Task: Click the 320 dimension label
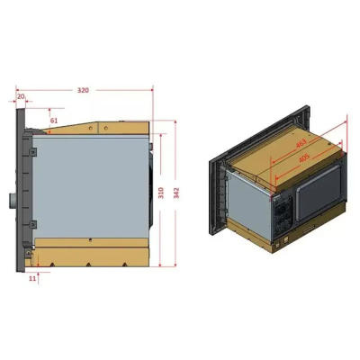pyautogui.click(x=83, y=91)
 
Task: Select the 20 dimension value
pyautogui.click(x=21, y=97)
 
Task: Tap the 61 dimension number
pyautogui.click(x=54, y=120)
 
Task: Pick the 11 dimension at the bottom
pyautogui.click(x=33, y=279)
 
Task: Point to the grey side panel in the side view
pyautogui.click(x=90, y=189)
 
